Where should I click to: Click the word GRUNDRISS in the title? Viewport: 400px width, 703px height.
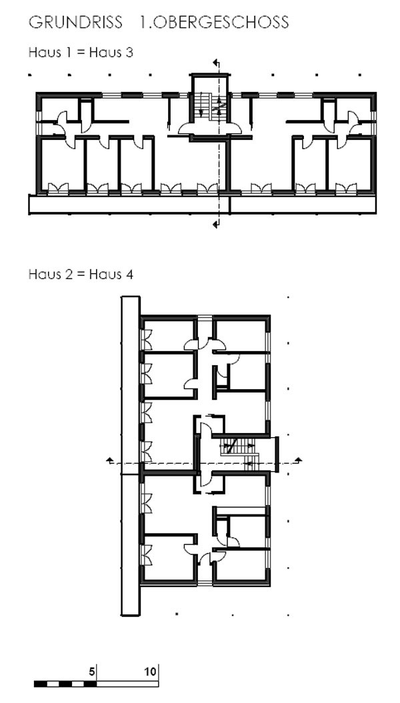click(75, 22)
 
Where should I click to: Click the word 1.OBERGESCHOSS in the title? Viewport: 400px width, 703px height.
click(214, 22)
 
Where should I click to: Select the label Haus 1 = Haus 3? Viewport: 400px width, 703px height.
click(81, 53)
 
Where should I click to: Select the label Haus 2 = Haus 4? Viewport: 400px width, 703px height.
click(81, 274)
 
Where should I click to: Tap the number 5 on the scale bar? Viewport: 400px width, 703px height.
click(92, 671)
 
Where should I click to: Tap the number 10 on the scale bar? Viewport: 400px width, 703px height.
click(151, 671)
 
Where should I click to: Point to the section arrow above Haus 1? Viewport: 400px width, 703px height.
click(217, 63)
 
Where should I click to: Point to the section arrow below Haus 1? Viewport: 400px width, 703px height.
click(217, 223)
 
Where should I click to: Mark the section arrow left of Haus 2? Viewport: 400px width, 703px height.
click(109, 460)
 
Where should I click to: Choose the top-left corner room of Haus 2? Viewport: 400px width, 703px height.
click(168, 334)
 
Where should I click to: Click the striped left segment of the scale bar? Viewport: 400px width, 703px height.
click(65, 684)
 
